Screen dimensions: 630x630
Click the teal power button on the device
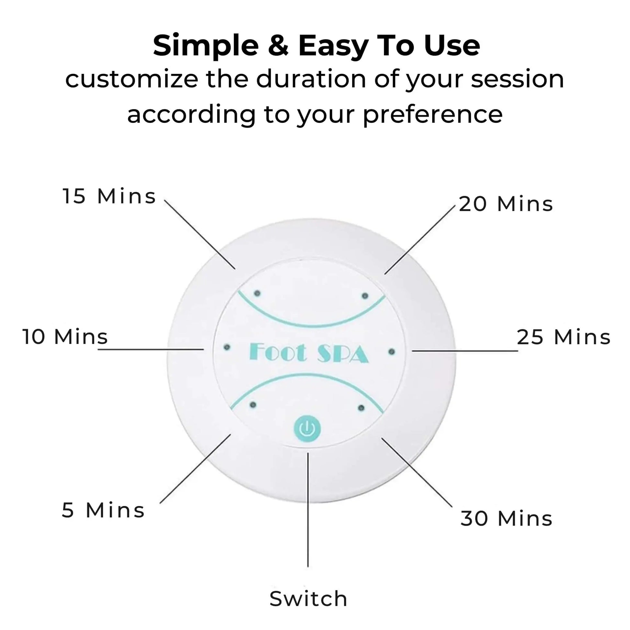point(307,429)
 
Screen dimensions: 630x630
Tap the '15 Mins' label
point(109,196)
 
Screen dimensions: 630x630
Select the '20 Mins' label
point(506,204)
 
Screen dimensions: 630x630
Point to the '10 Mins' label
point(65,336)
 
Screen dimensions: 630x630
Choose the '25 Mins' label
point(564,337)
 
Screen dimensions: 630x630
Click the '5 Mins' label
point(103,510)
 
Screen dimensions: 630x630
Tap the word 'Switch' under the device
point(308,599)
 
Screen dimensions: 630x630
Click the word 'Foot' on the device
point(278,352)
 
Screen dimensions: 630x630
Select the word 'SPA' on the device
point(343,354)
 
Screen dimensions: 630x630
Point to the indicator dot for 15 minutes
point(257,293)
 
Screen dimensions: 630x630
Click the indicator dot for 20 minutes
point(365,296)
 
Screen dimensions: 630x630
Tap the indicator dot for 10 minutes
point(227,347)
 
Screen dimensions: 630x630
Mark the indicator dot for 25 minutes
point(392,352)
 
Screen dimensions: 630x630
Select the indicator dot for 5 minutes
point(253,405)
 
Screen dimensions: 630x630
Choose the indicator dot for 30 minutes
point(361,408)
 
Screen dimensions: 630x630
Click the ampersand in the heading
point(278,45)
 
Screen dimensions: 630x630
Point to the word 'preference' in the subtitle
point(433,115)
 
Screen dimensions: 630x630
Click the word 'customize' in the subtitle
point(132,80)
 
